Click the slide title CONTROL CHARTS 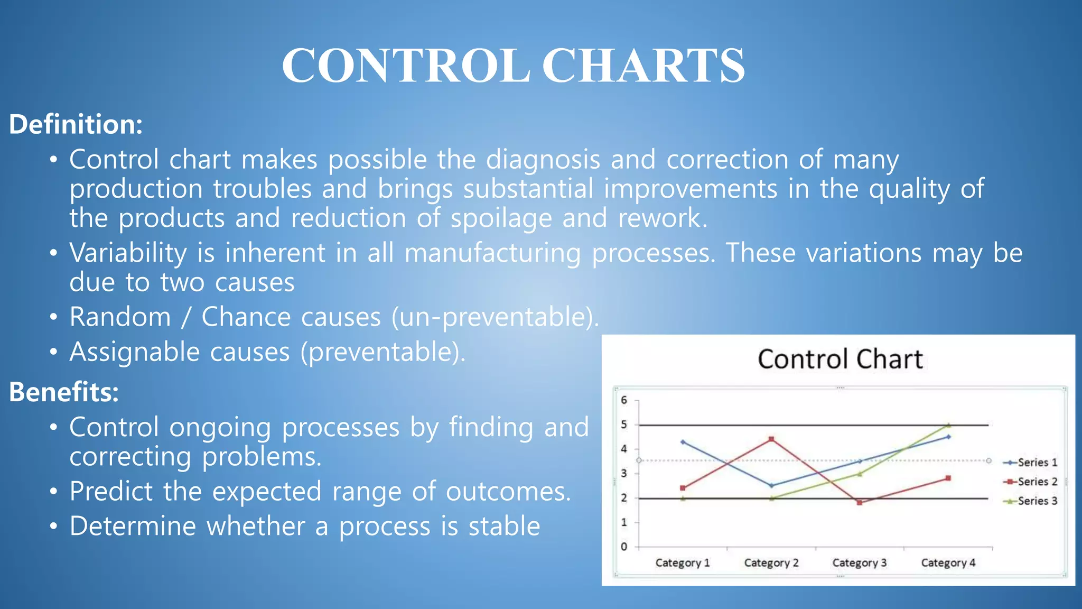pos(513,66)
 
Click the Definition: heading pos(76,124)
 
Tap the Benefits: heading pos(64,392)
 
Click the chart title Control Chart pos(840,359)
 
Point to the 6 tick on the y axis pos(624,400)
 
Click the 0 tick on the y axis pos(624,547)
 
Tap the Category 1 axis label pos(683,563)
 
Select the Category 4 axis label pos(948,563)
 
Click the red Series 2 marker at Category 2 pos(771,439)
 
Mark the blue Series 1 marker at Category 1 pos(683,442)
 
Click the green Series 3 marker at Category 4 pos(948,425)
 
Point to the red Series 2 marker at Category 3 pos(860,502)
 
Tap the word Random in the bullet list pos(120,317)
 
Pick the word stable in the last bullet pos(504,526)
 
